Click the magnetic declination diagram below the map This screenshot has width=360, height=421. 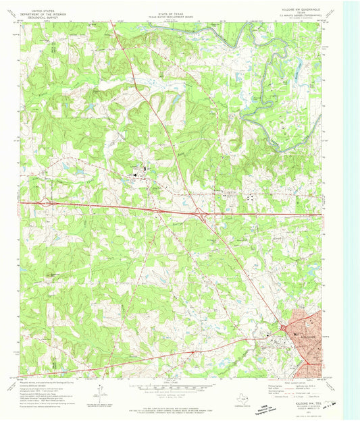pos(99,391)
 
